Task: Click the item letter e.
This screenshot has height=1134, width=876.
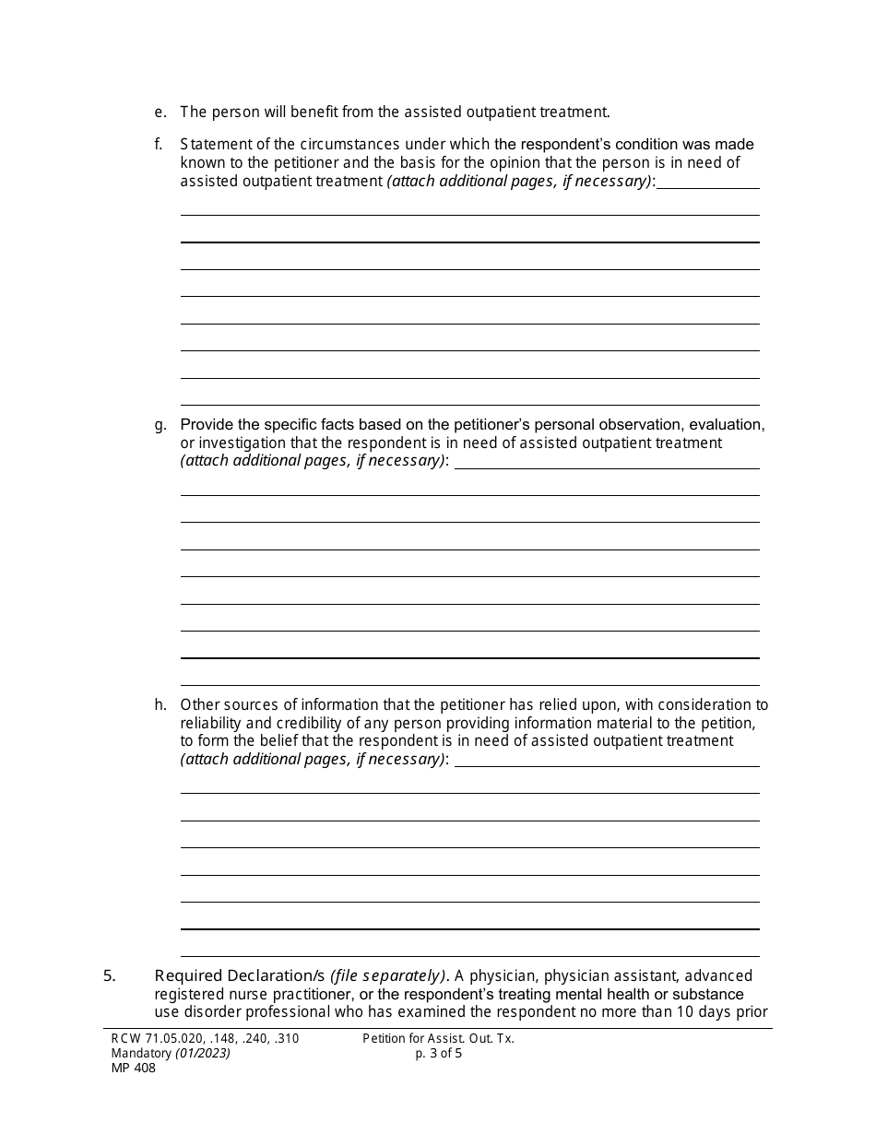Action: click(x=160, y=112)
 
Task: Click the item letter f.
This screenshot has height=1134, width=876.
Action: click(x=159, y=145)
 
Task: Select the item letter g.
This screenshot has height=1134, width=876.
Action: click(x=160, y=425)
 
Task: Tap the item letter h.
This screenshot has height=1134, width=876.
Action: click(x=160, y=705)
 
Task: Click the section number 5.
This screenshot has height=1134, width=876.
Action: click(x=109, y=976)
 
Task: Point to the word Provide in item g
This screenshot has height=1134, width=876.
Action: click(x=207, y=425)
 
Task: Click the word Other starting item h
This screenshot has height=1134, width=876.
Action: click(x=200, y=705)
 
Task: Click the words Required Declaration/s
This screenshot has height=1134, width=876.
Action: click(x=240, y=976)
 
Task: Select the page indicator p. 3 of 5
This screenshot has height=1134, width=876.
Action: click(x=439, y=1054)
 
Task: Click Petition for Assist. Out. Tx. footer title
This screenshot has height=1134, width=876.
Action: click(x=438, y=1039)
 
